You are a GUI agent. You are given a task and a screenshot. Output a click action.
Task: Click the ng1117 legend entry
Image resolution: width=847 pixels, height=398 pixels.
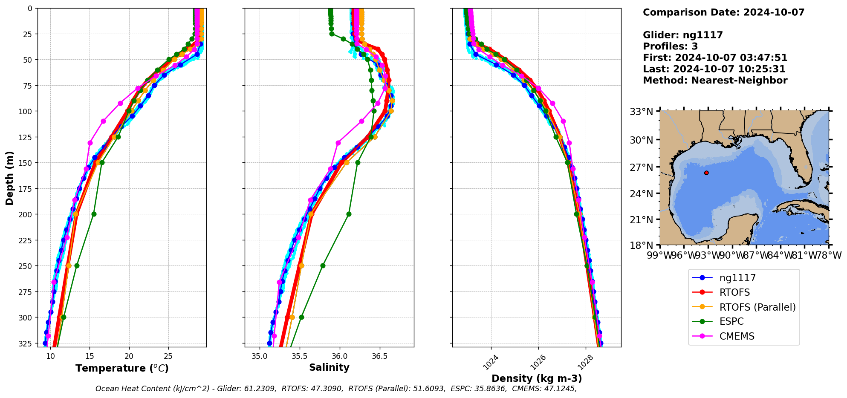coord(737,278)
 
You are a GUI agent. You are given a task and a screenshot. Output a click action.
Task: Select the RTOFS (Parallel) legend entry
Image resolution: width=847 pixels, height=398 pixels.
coord(757,307)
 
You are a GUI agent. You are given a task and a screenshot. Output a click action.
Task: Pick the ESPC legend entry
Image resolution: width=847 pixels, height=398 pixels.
coord(731,322)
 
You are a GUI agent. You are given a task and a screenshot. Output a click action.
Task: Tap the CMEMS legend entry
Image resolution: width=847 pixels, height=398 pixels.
coord(737,336)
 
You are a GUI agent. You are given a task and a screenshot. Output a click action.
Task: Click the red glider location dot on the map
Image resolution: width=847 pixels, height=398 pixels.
coord(706,173)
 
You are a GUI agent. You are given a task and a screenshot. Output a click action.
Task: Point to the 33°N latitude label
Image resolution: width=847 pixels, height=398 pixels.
coord(641,112)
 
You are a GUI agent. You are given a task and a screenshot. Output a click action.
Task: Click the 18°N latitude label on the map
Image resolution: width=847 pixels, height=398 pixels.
coord(641,245)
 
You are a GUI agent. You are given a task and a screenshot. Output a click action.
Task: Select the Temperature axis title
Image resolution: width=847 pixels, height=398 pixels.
coord(122,368)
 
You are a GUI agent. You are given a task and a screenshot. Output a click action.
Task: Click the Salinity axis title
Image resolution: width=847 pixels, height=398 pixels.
coord(329,367)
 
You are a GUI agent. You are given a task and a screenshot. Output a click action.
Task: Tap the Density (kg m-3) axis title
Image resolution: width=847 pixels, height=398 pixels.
coord(537,378)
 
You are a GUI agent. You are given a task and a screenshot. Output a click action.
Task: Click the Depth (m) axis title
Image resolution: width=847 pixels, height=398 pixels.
coord(9,178)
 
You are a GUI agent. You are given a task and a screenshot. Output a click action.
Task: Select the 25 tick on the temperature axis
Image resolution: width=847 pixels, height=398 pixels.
coord(168,356)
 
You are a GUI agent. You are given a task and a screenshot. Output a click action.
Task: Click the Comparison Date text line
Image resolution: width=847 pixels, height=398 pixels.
coord(723,12)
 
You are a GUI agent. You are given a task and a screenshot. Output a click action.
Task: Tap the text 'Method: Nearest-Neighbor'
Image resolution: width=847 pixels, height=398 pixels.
coord(715,81)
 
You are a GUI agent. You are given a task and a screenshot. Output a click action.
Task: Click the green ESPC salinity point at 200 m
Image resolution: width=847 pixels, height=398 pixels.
coord(349,214)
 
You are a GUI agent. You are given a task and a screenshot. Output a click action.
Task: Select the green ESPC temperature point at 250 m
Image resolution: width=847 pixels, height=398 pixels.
coord(77,265)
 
